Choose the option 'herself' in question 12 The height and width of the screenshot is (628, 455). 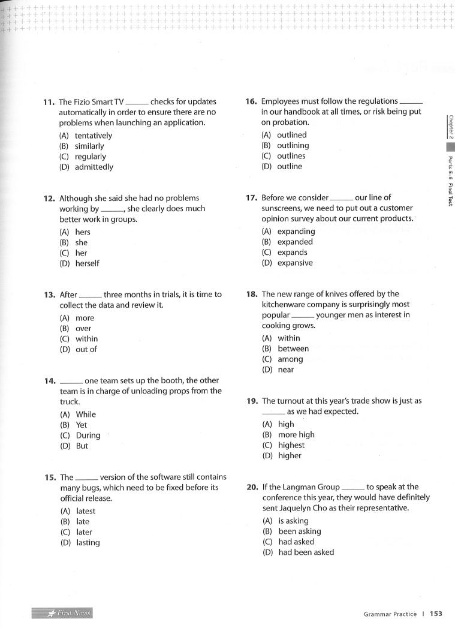pyautogui.click(x=88, y=263)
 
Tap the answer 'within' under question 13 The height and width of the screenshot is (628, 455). pyautogui.click(x=87, y=339)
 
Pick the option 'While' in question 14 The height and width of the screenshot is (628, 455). pyautogui.click(x=86, y=414)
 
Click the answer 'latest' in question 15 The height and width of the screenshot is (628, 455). pyautogui.click(x=86, y=511)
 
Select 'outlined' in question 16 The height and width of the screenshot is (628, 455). pyautogui.click(x=291, y=135)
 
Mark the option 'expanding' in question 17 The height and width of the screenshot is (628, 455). pyautogui.click(x=296, y=232)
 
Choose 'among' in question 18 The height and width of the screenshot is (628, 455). pyautogui.click(x=290, y=359)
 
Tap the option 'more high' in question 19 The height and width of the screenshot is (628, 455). pyautogui.click(x=296, y=435)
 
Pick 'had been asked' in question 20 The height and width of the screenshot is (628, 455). pyautogui.click(x=306, y=552)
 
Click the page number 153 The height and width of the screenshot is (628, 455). pyautogui.click(x=436, y=614)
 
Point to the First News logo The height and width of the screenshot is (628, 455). pyautogui.click(x=63, y=612)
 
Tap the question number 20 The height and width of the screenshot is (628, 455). pyautogui.click(x=252, y=487)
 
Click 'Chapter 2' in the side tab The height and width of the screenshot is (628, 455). pyautogui.click(x=450, y=125)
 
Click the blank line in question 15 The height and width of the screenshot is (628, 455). pyautogui.click(x=86, y=478)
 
